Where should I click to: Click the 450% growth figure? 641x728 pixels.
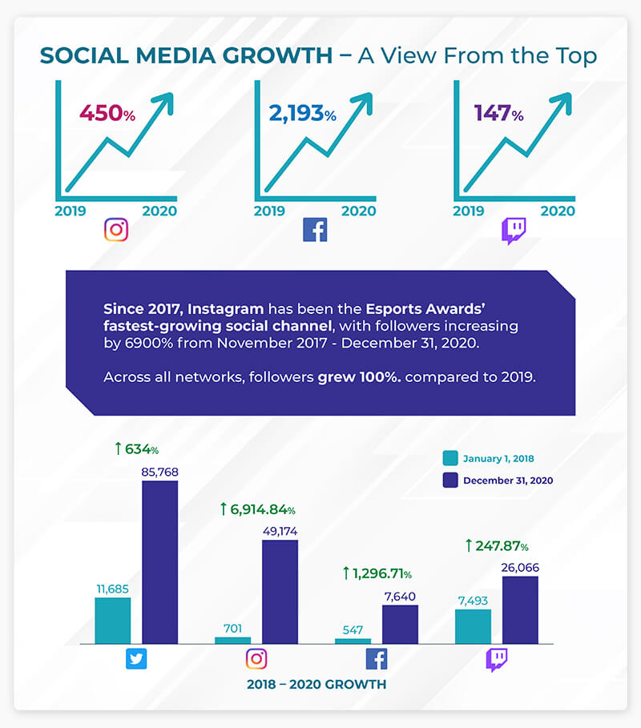pyautogui.click(x=106, y=113)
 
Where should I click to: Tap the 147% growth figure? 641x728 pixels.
pyautogui.click(x=498, y=113)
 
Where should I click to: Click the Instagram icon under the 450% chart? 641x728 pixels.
pyautogui.click(x=116, y=230)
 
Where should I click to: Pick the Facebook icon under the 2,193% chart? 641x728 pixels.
pyautogui.click(x=315, y=230)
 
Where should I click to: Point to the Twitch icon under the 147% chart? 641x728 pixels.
pyautogui.click(x=514, y=230)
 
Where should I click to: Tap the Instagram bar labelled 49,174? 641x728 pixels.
pyautogui.click(x=280, y=591)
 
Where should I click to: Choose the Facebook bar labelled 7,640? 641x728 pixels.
pyautogui.click(x=400, y=623)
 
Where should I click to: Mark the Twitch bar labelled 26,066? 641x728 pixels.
pyautogui.click(x=520, y=609)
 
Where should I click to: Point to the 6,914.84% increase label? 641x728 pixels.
pyautogui.click(x=258, y=509)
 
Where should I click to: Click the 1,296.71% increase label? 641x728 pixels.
pyautogui.click(x=377, y=573)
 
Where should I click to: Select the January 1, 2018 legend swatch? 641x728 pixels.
pyautogui.click(x=450, y=459)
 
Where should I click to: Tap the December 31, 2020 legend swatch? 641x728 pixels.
pyautogui.click(x=450, y=481)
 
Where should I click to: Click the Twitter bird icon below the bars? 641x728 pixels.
pyautogui.click(x=135, y=659)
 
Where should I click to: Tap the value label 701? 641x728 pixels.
pyautogui.click(x=232, y=629)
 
